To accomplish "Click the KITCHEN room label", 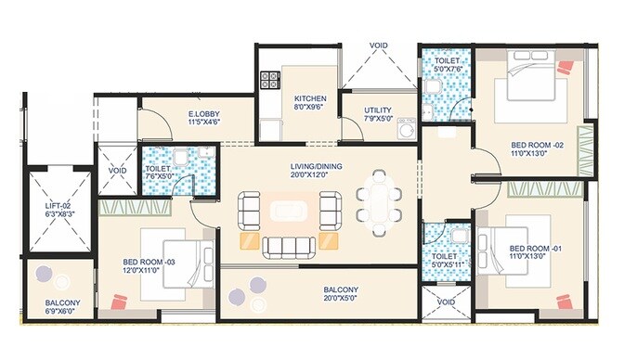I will (x=310, y=97).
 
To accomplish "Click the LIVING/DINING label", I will (x=316, y=166).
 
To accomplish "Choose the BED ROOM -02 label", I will (x=537, y=146).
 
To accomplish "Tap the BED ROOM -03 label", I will (x=150, y=263).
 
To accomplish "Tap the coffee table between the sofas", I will (x=288, y=210).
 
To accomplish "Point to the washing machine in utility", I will (x=407, y=131).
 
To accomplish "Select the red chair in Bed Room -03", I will (x=118, y=302).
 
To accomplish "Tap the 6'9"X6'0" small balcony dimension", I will (x=62, y=313).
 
